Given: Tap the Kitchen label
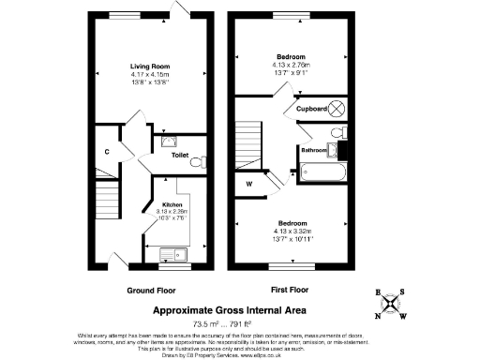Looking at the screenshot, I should click(172, 204).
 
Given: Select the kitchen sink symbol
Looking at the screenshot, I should click(172, 253).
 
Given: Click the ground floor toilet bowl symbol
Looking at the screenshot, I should click(196, 162).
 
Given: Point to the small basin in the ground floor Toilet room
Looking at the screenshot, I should click(166, 142).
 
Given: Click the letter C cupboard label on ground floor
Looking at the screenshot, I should click(108, 151).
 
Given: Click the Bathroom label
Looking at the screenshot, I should click(313, 150).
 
